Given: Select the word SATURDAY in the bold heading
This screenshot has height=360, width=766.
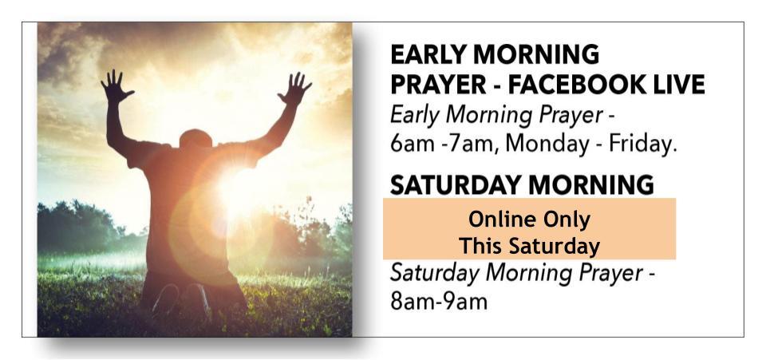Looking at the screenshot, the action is pyautogui.click(x=456, y=185).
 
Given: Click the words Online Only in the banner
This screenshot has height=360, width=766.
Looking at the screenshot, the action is pyautogui.click(x=530, y=220).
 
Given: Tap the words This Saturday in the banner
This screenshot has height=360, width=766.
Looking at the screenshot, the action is pyautogui.click(x=530, y=246).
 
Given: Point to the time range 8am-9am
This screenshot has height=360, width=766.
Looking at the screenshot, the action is pyautogui.click(x=439, y=302).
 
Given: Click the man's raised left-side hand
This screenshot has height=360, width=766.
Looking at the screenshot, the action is pyautogui.click(x=116, y=86).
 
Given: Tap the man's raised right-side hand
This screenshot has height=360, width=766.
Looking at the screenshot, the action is pyautogui.click(x=294, y=89).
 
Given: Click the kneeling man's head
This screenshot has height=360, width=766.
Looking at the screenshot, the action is pyautogui.click(x=196, y=139).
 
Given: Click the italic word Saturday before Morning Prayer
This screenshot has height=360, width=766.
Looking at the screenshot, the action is pyautogui.click(x=434, y=274).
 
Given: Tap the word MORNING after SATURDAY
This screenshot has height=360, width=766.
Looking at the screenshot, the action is pyautogui.click(x=591, y=185).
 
